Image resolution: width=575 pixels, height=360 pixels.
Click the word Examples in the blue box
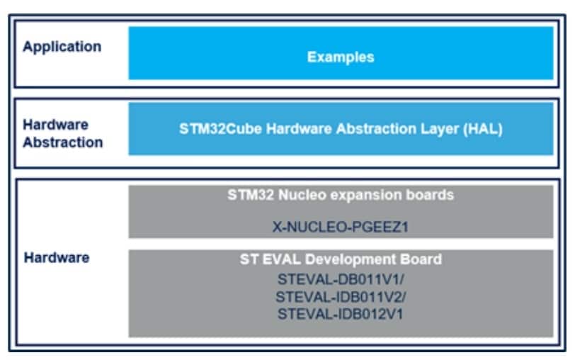341,57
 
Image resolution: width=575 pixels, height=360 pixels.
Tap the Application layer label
62,47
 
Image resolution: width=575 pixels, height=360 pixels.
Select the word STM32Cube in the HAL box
220,129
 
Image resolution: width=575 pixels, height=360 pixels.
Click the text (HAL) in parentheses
483,129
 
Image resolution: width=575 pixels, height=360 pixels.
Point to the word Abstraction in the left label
63,142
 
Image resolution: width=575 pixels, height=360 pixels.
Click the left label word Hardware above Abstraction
55,125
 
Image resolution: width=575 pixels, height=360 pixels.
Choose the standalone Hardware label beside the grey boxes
57,258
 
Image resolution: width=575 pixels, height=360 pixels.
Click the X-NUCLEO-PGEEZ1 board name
341,227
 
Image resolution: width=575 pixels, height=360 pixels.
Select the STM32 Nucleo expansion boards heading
341,195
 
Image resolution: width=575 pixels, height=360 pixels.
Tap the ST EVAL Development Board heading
341,259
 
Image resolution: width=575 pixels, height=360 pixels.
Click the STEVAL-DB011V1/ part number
341,280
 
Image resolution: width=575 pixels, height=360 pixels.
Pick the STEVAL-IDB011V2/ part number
341,297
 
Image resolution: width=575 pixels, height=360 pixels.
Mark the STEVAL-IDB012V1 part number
340,314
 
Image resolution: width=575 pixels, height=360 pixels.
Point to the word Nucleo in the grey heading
302,195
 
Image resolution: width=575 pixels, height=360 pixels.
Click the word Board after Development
421,259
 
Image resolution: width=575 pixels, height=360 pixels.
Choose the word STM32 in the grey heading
251,195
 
